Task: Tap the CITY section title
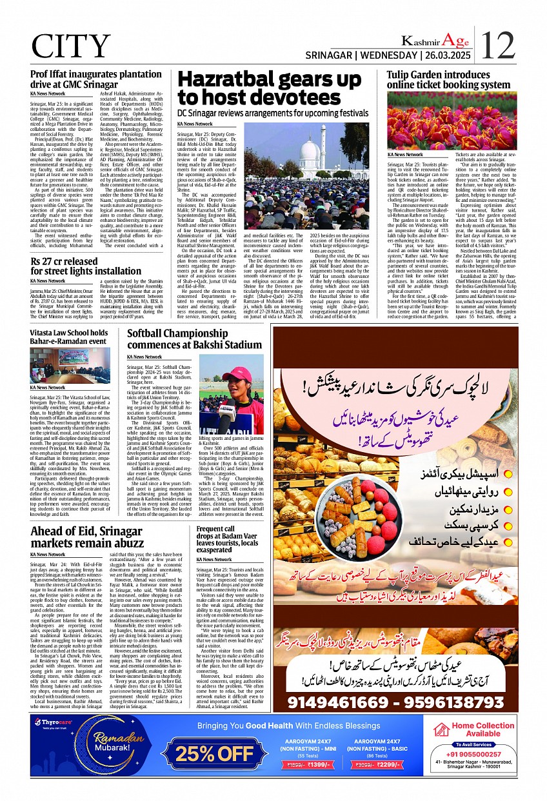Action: point(71,46)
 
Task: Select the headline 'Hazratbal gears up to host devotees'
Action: point(269,89)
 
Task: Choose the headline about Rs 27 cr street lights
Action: point(85,266)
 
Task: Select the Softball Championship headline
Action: point(194,339)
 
